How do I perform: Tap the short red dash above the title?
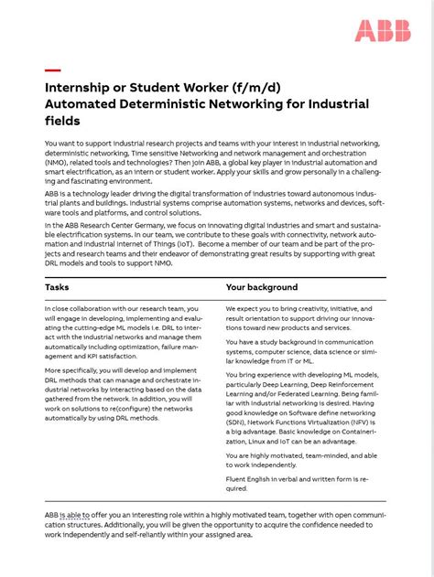(x=52, y=70)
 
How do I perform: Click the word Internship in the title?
(x=81, y=88)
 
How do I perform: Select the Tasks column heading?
(x=57, y=287)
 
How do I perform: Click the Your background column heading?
(x=262, y=287)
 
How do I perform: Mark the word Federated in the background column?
(x=312, y=391)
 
